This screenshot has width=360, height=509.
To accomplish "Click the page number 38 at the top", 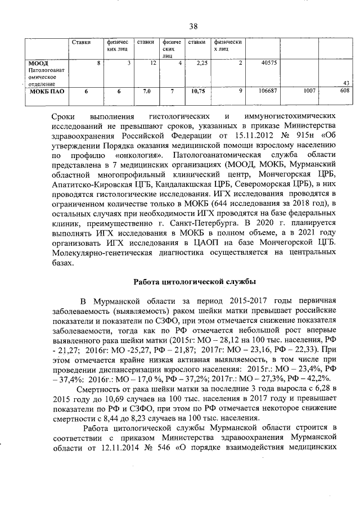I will click(x=193, y=26).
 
